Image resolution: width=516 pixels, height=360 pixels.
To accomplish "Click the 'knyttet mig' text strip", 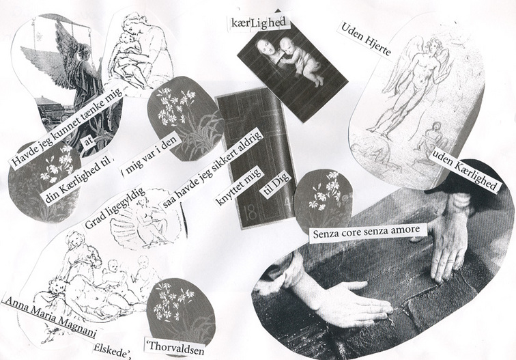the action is pos(239,186).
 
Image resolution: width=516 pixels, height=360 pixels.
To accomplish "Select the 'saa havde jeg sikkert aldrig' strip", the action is pos(212,169).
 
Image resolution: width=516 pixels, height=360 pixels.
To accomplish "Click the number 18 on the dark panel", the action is pos(250,213).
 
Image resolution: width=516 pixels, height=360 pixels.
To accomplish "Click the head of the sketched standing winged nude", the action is pos(433,46).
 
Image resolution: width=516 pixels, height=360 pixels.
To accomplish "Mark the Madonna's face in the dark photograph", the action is pos(267,47).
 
